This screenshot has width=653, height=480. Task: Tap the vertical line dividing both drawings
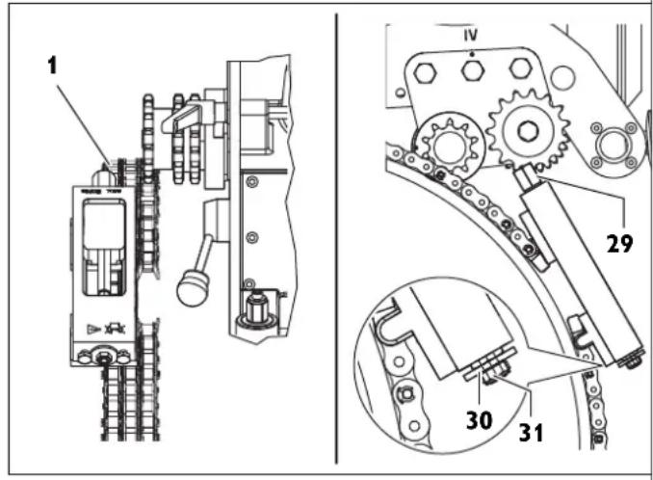coord(335,241)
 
